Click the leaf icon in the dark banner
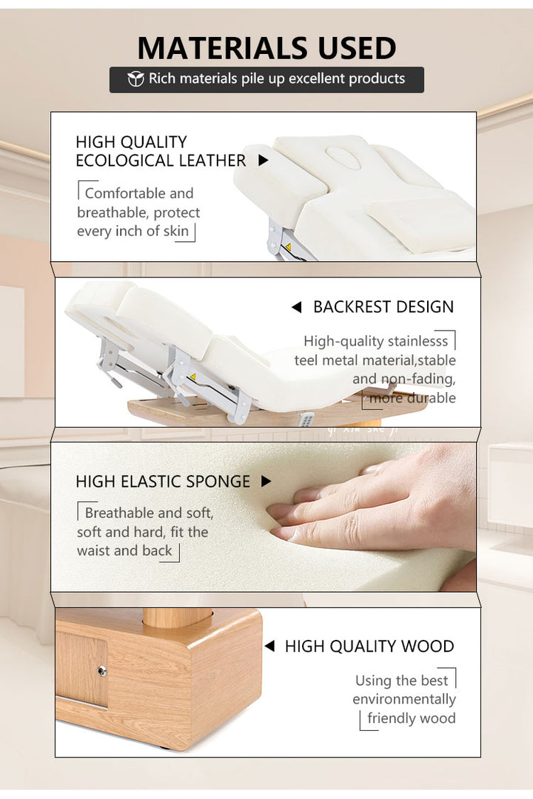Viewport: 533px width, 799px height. [135, 79]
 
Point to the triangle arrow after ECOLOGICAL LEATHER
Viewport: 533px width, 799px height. [264, 161]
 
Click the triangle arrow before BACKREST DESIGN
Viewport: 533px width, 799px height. [296, 307]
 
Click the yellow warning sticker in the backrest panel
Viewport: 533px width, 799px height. [192, 377]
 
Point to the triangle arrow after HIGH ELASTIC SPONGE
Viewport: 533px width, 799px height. [266, 482]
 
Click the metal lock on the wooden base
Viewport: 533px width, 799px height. [102, 672]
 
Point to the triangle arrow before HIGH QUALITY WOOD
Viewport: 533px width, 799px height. [269, 646]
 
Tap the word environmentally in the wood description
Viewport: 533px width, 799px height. [404, 700]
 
